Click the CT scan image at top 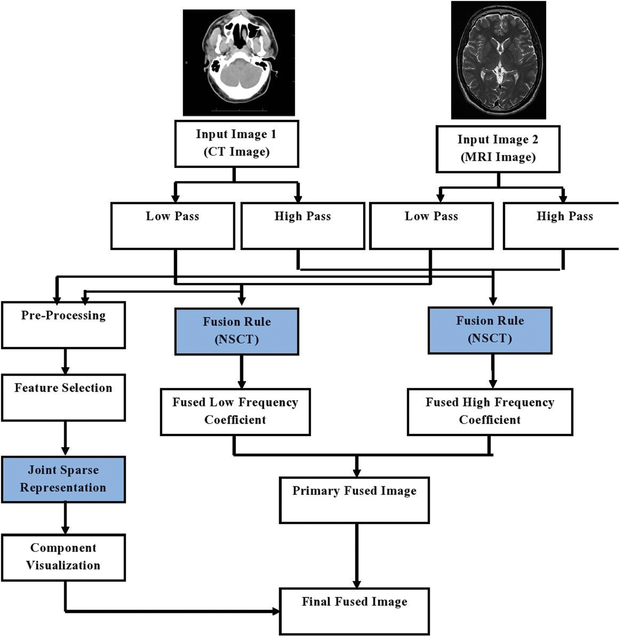(x=239, y=63)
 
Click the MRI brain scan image (x=498, y=60)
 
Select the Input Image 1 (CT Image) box (x=237, y=144)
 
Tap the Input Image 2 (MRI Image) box (x=498, y=149)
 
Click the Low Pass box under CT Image (x=173, y=226)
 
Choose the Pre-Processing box (x=64, y=325)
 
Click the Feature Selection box (x=64, y=397)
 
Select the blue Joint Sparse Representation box (x=64, y=480)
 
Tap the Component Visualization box (x=64, y=557)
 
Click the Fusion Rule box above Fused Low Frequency (x=237, y=331)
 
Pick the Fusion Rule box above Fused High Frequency (x=490, y=330)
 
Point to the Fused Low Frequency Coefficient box (x=235, y=412)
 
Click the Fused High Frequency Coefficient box (x=490, y=412)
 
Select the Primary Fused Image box (x=354, y=500)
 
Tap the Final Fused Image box (x=354, y=611)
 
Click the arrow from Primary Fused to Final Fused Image (x=357, y=556)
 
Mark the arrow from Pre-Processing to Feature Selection (x=65, y=361)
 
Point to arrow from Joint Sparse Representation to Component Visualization (x=65, y=518)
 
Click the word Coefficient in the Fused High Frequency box (x=490, y=420)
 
